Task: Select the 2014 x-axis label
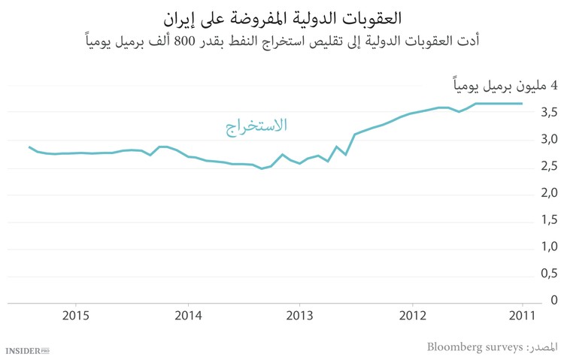(188, 316)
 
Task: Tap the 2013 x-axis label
(299, 316)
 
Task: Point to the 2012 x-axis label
(411, 316)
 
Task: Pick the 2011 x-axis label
(522, 316)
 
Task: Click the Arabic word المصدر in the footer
(541, 346)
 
